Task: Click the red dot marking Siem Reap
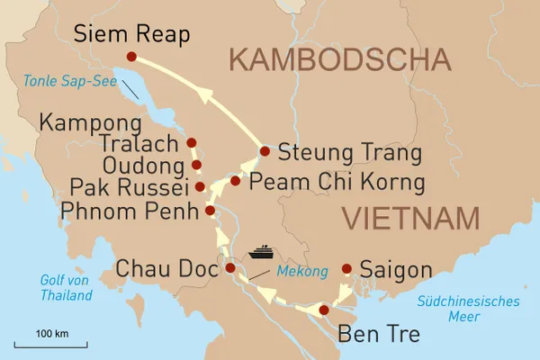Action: click(x=131, y=57)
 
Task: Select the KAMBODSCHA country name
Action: click(x=338, y=60)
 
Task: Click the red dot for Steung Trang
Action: click(x=265, y=151)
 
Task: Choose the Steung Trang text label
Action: click(x=349, y=153)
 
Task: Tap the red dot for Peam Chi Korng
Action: click(x=235, y=181)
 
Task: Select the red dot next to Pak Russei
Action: click(x=200, y=187)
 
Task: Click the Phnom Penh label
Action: click(x=128, y=213)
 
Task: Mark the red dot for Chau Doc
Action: click(x=230, y=267)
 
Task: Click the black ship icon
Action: click(x=262, y=252)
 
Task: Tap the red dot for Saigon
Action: click(x=346, y=267)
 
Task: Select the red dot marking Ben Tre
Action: click(x=323, y=310)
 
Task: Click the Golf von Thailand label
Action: click(x=66, y=286)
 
